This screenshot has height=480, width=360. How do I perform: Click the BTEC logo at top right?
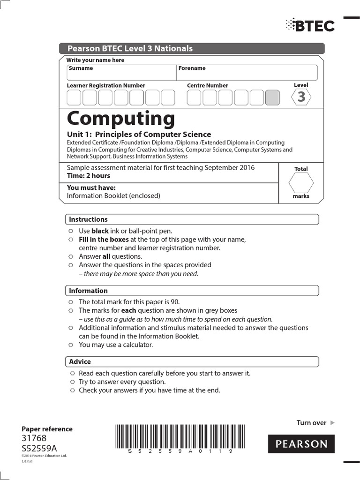[x=310, y=25]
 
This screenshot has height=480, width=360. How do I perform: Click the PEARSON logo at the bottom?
[x=301, y=444]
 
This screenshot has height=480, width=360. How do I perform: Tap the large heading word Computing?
[x=121, y=119]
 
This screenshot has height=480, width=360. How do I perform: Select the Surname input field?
[x=121, y=73]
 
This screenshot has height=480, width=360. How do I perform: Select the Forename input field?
[x=247, y=73]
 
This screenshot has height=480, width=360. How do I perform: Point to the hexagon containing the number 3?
[x=301, y=97]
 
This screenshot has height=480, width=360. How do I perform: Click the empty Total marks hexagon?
[x=301, y=183]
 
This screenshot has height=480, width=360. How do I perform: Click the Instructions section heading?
[x=89, y=219]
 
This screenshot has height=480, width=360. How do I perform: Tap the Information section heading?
[x=89, y=291]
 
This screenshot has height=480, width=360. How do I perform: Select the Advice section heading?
[x=80, y=362]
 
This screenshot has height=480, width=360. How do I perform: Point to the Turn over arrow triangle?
[x=332, y=423]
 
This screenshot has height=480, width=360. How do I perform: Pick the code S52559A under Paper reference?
[x=39, y=448]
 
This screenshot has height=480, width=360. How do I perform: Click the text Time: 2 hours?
[x=89, y=176]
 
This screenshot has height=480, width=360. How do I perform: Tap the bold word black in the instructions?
[x=100, y=231]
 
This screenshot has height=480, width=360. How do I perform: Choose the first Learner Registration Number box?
[x=74, y=97]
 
